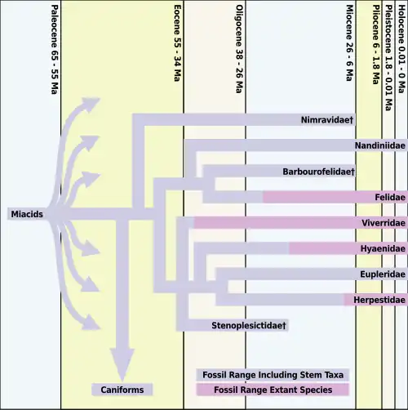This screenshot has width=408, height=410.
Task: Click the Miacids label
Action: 27,214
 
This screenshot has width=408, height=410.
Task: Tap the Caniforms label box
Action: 122,390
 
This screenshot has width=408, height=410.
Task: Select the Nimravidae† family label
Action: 327,120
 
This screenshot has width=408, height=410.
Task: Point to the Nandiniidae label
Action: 380,145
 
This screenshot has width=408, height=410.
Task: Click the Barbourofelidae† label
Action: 318,172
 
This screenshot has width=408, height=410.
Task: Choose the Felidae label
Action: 390,197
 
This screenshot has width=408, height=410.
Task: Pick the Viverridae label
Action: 384,223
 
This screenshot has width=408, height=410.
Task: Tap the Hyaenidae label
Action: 383,248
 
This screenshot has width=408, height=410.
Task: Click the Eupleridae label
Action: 383,274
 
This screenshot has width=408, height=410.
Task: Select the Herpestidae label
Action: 379,300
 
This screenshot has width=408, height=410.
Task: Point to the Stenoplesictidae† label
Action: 249,325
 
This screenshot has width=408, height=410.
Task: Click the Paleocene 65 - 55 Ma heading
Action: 55,49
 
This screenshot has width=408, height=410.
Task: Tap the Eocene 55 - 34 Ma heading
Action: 177,43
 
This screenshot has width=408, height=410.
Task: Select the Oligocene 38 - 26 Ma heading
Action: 239,49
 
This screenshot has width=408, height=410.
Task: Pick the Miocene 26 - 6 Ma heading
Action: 349,42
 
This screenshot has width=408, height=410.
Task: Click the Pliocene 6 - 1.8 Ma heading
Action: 376,45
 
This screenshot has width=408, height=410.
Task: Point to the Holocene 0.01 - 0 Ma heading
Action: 401,49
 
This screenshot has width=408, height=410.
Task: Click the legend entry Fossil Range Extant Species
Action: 273,390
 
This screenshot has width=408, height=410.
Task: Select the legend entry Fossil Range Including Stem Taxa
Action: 273,375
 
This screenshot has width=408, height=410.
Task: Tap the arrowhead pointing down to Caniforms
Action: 122,365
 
